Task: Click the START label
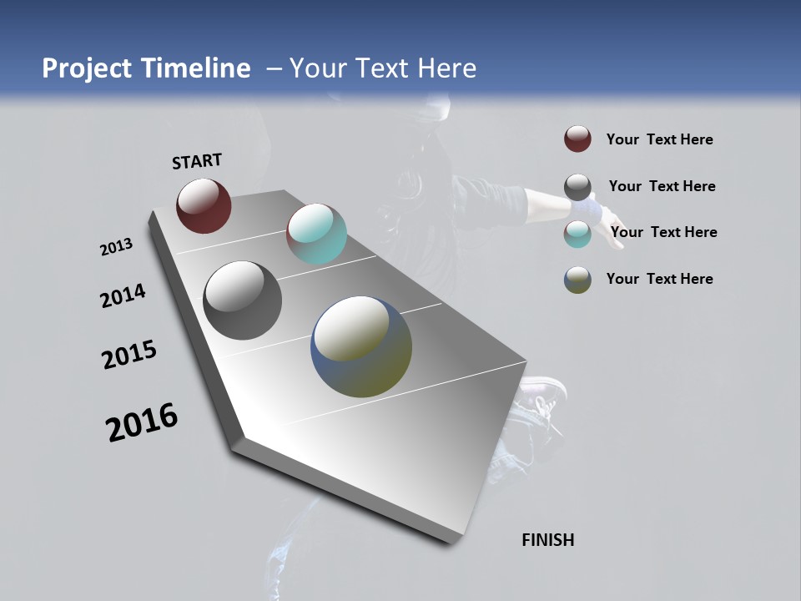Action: [197, 161]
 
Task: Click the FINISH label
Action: [548, 540]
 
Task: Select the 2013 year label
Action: [116, 247]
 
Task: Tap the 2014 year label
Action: [123, 295]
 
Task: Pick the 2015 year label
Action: [129, 354]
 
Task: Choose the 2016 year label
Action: [142, 422]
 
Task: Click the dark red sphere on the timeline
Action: [204, 205]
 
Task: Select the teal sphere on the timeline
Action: [316, 234]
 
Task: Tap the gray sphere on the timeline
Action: [243, 300]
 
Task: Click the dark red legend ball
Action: [577, 139]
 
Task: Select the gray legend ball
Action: [577, 187]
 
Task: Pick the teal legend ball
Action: [577, 234]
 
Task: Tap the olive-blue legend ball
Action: [577, 280]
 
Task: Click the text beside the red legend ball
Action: [659, 139]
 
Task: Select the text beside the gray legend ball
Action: [662, 186]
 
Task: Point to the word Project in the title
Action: [86, 68]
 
